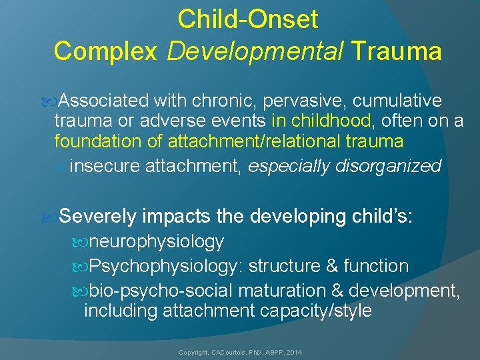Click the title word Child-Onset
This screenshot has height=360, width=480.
247,19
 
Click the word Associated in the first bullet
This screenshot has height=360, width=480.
103,101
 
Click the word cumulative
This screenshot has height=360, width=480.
397,101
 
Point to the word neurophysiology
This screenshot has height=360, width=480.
157,241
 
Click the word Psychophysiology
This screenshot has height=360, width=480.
166,266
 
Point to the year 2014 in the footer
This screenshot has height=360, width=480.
293,351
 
